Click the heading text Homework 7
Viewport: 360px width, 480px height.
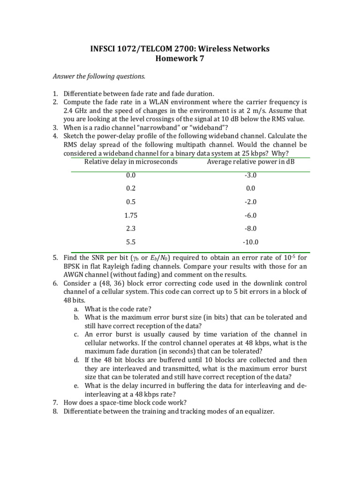pos(180,59)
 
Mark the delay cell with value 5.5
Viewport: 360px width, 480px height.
pos(131,242)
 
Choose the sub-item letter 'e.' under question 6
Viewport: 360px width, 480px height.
pos(76,386)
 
